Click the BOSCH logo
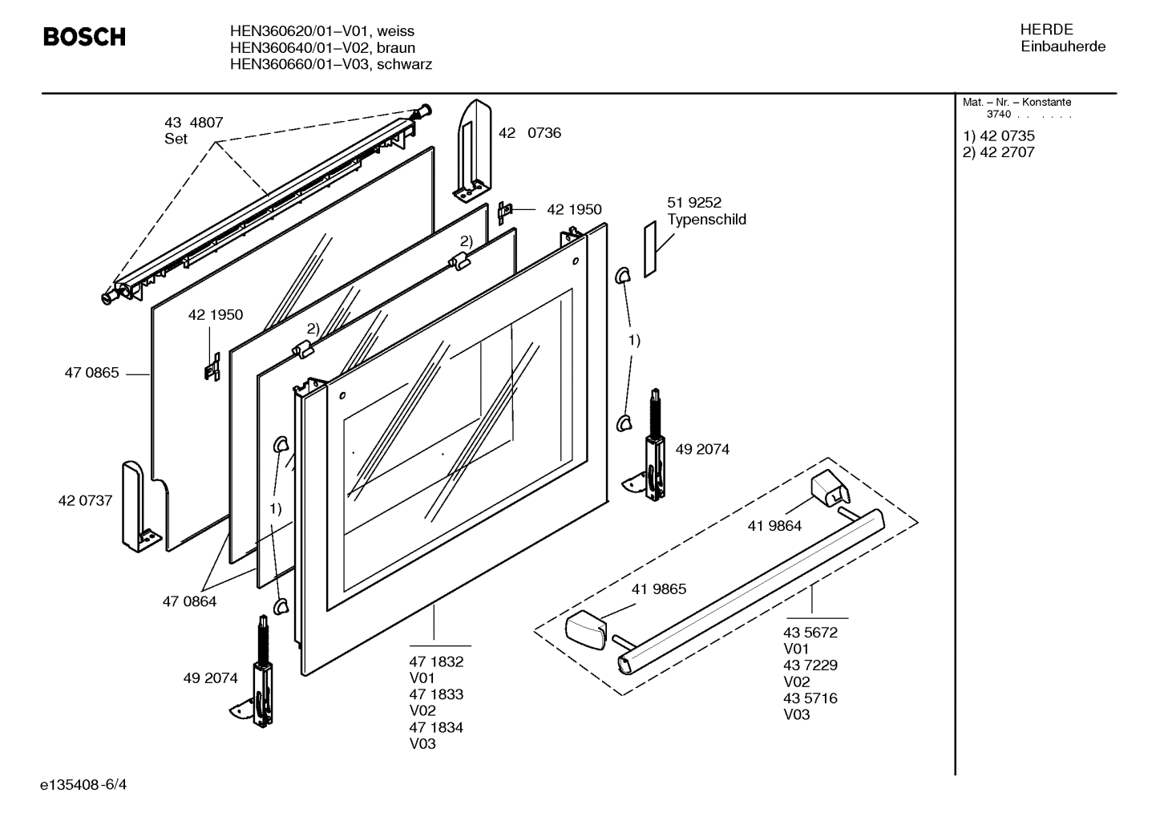[x=83, y=37]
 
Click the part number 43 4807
[x=193, y=123]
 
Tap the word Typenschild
[x=706, y=220]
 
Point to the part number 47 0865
[x=91, y=373]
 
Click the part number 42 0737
[x=85, y=501]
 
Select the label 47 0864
[x=189, y=601]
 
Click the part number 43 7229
[x=810, y=665]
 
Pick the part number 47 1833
[x=436, y=695]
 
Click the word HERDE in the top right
[x=1046, y=30]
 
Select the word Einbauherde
[x=1062, y=47]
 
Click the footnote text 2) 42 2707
[x=998, y=152]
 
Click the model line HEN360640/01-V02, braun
[x=322, y=48]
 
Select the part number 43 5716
[x=810, y=698]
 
